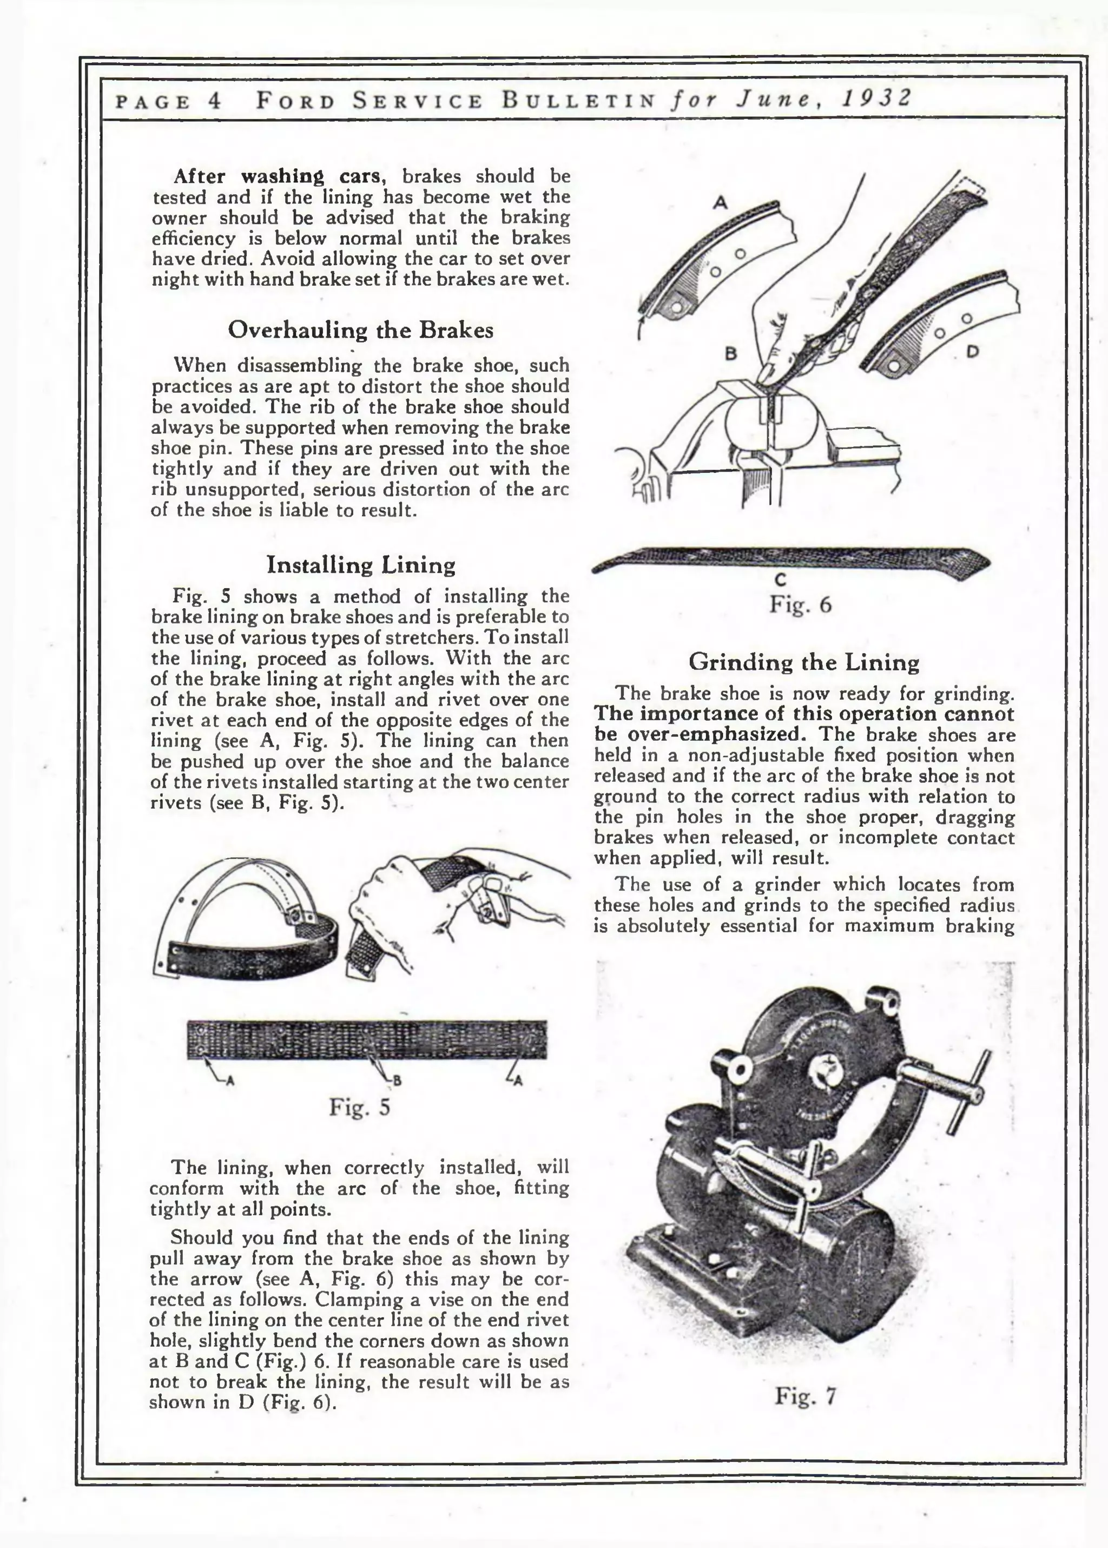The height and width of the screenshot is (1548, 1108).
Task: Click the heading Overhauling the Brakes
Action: [x=360, y=330]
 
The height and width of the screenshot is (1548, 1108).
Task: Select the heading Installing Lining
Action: [x=360, y=565]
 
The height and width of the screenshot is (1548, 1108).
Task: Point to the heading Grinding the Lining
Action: [x=804, y=662]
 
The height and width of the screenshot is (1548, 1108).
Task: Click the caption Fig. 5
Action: [x=360, y=1106]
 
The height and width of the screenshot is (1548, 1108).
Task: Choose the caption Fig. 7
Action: [x=805, y=1396]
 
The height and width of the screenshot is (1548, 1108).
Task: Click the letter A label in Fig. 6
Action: [x=721, y=202]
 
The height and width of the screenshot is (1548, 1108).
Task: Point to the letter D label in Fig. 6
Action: [x=973, y=352]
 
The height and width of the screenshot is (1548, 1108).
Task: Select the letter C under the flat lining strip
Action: [x=781, y=579]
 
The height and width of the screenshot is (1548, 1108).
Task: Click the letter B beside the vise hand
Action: [x=731, y=353]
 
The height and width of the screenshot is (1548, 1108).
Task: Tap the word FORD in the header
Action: [x=295, y=101]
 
